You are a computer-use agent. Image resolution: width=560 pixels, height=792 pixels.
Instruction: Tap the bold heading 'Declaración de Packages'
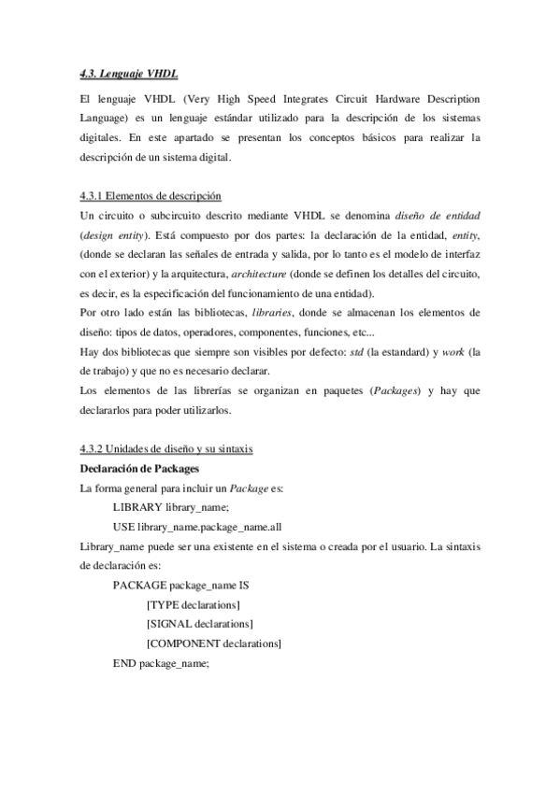coord(138,468)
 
